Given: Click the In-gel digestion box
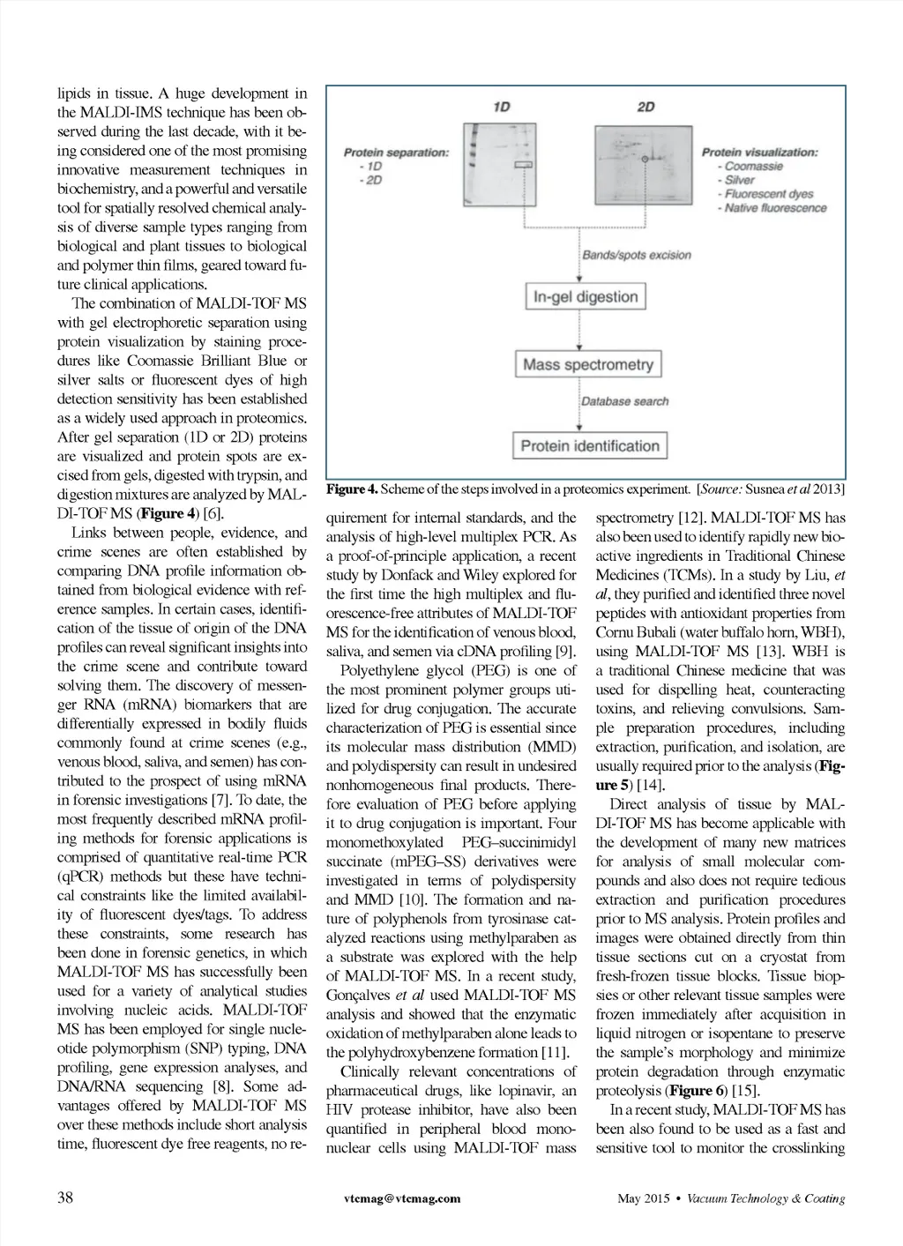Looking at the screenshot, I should pos(585,296).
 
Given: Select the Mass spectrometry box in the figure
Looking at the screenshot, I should pos(588,364).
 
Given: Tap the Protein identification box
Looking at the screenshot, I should pos(590,445).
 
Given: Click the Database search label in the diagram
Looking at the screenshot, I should pos(624,401).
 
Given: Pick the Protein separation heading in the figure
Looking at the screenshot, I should pos(396,153).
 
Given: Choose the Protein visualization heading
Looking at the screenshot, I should pos(759,153).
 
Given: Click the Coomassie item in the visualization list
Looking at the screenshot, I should pos(753,166).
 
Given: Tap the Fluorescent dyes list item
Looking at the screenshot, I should pos(768,194).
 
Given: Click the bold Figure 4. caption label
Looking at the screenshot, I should pos(352,489).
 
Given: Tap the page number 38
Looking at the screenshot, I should pos(65,1198).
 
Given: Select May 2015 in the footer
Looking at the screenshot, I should pos(644,1198).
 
